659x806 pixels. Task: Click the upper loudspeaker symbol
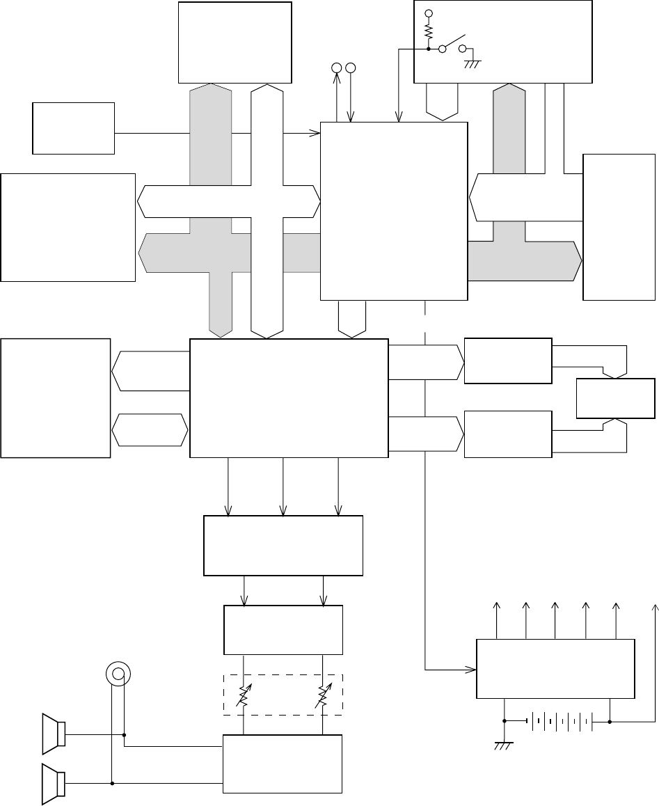(54, 734)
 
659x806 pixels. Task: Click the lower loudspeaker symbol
(54, 783)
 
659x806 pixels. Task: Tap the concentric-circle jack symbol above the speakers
(118, 673)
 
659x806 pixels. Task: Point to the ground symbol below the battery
(503, 745)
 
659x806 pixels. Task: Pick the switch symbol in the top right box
(452, 47)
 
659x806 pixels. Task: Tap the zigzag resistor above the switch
(429, 32)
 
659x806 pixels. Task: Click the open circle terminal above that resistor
(429, 13)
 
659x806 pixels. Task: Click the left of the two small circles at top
(336, 68)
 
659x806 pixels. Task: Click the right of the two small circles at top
(350, 68)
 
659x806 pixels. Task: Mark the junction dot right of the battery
(610, 721)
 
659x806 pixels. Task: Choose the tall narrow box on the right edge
(619, 226)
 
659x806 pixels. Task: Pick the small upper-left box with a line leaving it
(74, 128)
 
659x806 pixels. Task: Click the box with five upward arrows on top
(555, 668)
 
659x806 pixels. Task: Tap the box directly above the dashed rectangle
(283, 629)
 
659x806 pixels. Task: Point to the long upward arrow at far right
(653, 661)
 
